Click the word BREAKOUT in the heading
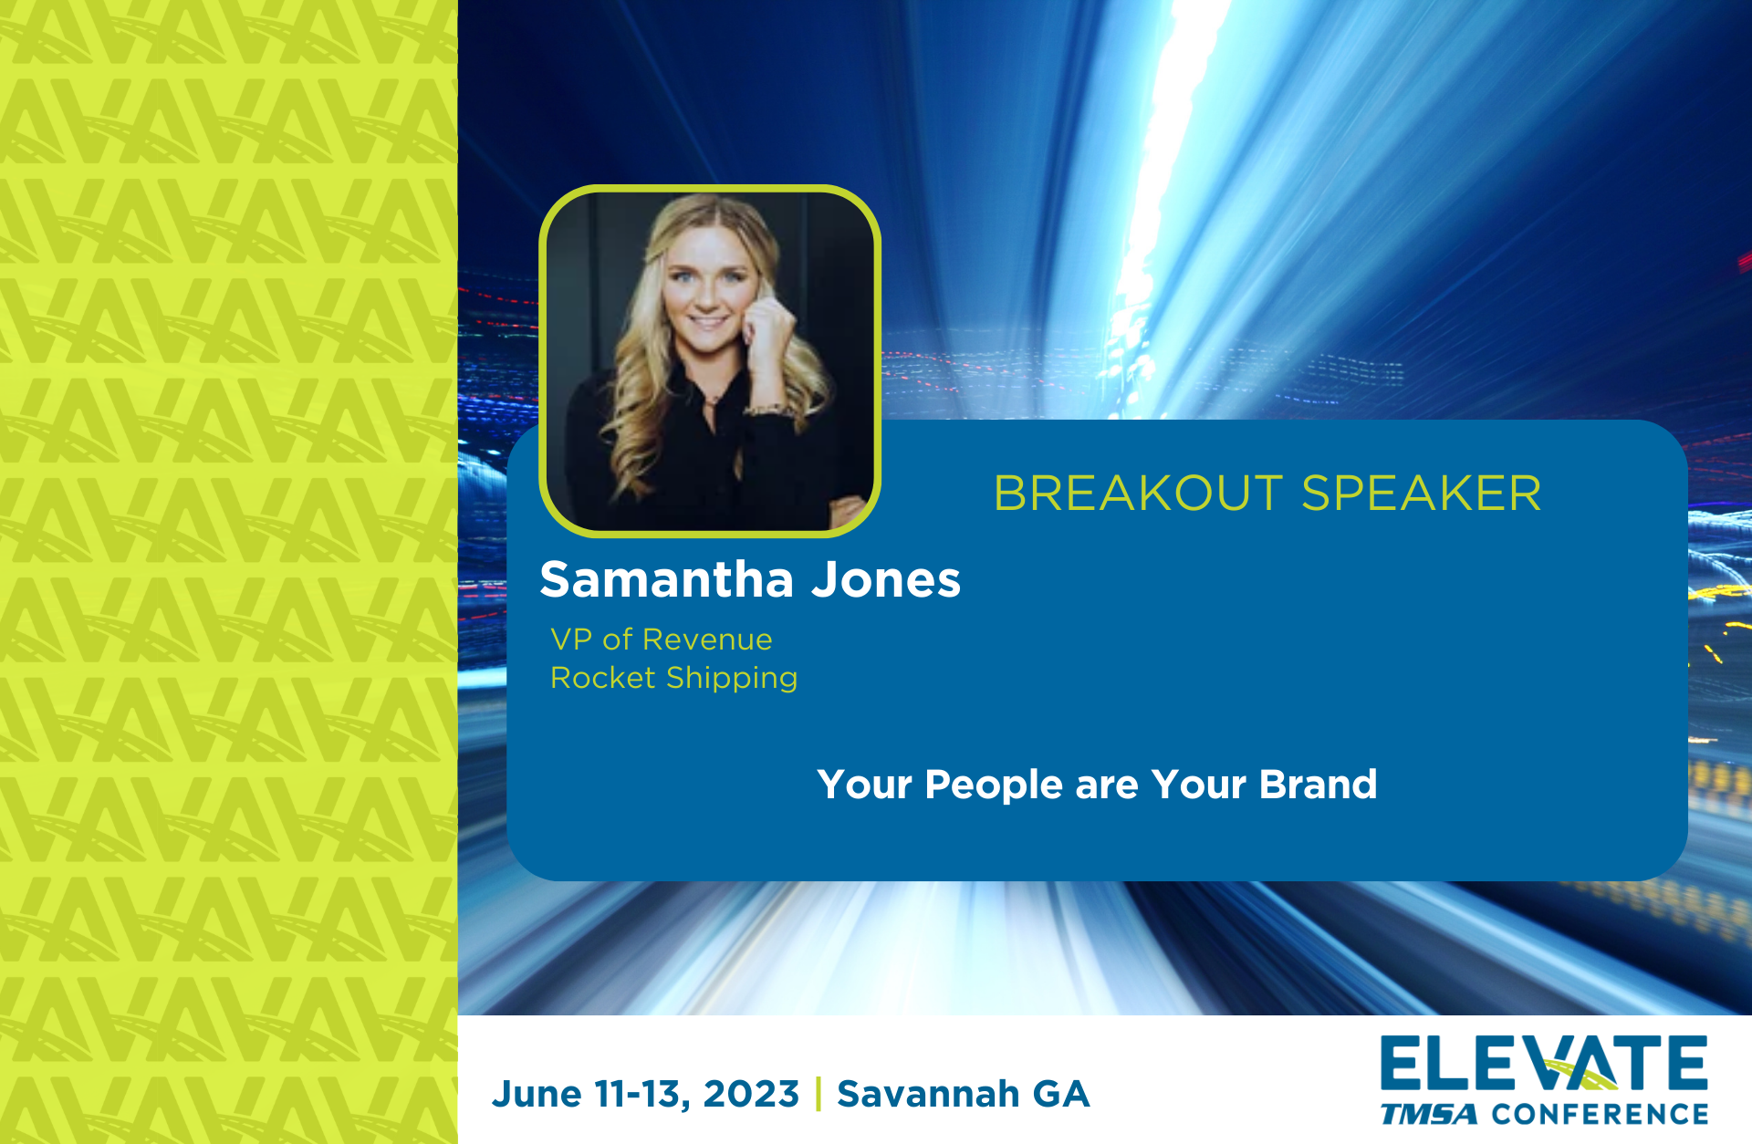coord(1138,494)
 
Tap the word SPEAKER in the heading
coord(1422,494)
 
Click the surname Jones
coord(886,579)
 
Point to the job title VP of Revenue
coord(662,640)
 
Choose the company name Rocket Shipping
coord(674,679)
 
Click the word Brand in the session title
coord(1318,785)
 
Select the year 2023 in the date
coord(751,1094)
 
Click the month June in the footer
coord(537,1094)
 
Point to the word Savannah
coord(928,1094)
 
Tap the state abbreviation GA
coord(1061,1094)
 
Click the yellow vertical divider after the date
coord(819,1094)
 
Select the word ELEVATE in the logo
coord(1544,1064)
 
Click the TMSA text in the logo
coord(1429,1114)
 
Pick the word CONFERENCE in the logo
coord(1600,1114)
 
